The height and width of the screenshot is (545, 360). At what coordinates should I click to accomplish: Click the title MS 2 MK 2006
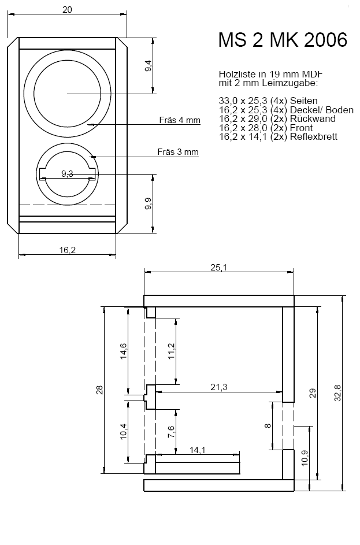click(283, 40)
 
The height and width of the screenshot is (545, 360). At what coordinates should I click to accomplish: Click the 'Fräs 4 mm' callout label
click(180, 120)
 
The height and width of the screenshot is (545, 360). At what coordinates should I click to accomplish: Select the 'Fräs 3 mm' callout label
click(178, 152)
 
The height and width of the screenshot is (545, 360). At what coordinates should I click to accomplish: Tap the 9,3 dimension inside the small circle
click(67, 173)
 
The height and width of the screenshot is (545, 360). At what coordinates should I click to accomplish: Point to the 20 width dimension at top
click(67, 10)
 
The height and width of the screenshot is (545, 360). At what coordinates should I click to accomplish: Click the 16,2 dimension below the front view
click(67, 250)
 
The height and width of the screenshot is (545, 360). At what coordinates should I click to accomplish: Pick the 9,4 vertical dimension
click(148, 65)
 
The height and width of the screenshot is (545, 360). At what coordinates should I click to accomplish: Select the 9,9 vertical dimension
click(148, 203)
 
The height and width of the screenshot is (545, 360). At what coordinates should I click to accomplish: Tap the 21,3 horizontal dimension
click(218, 387)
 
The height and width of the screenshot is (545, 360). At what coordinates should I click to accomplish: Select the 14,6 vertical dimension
click(124, 351)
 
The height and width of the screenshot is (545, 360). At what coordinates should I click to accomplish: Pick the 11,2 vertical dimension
click(171, 350)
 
